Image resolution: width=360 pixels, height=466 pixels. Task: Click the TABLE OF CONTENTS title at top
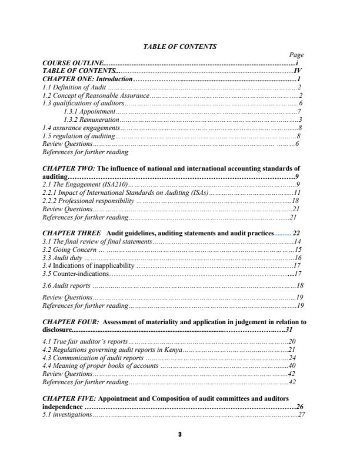pos(180,46)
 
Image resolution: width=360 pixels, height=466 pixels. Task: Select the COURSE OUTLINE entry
pos(74,62)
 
